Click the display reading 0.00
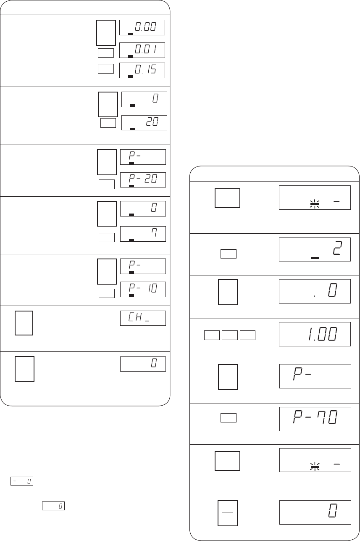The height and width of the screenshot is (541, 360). [142, 27]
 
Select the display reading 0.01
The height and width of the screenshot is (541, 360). [142, 50]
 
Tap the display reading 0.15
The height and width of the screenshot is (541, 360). [142, 70]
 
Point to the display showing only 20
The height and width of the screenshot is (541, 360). [144, 123]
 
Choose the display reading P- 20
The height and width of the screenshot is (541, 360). [143, 180]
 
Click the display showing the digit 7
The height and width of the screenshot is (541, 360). [143, 234]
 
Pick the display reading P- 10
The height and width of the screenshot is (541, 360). [143, 289]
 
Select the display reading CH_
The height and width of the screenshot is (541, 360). [143, 318]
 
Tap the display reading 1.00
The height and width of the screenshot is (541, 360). [315, 334]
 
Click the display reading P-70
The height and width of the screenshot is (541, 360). [315, 419]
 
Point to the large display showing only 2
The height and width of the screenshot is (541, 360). [315, 250]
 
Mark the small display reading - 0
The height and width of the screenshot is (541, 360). [22, 481]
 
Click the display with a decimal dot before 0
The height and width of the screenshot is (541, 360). [315, 291]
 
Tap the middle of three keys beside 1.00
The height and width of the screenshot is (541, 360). [230, 335]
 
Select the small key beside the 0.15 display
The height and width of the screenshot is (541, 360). [106, 69]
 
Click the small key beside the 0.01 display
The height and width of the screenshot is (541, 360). [106, 53]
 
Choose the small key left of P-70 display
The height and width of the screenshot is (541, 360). [228, 418]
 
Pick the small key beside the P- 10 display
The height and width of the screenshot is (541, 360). [107, 293]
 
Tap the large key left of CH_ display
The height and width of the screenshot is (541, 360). [24, 323]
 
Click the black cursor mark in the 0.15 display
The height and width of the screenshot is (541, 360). [131, 77]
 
